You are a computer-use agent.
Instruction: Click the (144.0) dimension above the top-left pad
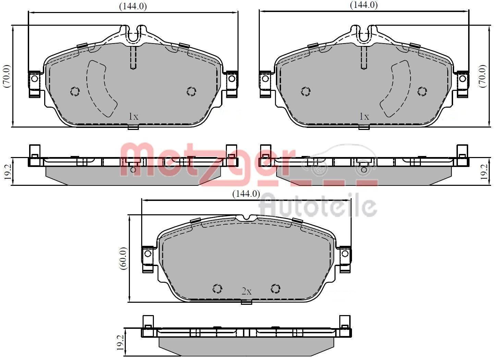[x=133, y=7]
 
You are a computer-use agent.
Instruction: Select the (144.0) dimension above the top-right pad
[x=363, y=5]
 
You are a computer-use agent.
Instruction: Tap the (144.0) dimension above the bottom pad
[x=246, y=194]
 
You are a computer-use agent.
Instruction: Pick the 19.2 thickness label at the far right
[x=484, y=171]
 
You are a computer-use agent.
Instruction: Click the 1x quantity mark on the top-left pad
[x=133, y=117]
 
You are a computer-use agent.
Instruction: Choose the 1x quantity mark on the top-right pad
[x=364, y=117]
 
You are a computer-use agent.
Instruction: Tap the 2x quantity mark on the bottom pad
[x=246, y=291]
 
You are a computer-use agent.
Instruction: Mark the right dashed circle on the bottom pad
[x=276, y=289]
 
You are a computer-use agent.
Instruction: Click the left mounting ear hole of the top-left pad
[x=34, y=79]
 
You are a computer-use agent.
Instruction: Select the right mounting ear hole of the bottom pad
[x=345, y=253]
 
